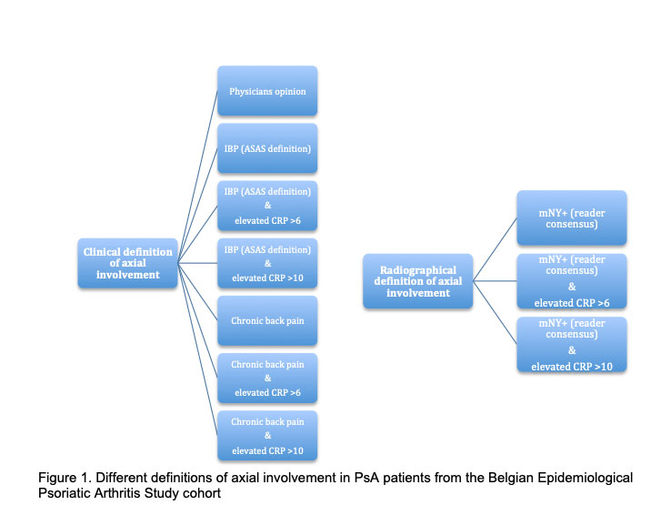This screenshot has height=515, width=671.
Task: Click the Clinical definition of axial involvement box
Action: [x=127, y=263]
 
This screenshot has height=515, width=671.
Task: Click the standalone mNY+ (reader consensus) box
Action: [x=571, y=217]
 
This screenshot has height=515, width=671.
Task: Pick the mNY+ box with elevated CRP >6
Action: [x=571, y=281]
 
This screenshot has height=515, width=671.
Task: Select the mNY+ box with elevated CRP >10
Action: [x=571, y=344]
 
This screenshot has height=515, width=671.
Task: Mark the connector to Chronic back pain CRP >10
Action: [x=197, y=349]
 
